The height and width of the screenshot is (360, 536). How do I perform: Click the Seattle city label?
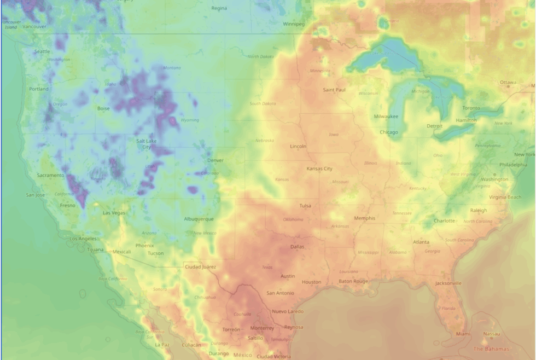42,51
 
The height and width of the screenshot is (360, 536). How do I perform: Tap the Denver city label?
215,160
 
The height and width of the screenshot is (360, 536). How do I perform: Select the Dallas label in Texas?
297,247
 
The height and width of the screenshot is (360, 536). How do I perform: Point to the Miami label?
463,334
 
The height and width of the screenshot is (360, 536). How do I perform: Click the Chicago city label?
389,132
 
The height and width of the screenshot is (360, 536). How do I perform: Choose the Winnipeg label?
294,24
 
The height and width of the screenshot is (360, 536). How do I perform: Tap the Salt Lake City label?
147,144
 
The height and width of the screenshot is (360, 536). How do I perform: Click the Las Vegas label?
114,213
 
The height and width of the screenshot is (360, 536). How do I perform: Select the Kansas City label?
319,169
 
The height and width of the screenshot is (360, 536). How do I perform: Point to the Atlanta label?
421,242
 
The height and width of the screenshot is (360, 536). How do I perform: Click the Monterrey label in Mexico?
262,328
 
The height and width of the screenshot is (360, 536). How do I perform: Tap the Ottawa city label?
508,83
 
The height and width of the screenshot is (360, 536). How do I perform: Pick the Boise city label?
103,108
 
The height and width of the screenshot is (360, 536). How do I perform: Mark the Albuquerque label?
199,219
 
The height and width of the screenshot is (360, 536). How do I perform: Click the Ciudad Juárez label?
201,266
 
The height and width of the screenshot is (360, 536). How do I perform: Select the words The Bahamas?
491,349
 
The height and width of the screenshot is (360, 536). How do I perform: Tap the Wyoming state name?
190,120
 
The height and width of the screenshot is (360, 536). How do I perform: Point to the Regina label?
219,8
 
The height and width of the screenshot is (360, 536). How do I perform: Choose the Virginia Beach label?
505,197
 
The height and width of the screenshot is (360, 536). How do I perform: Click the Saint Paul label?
334,90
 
